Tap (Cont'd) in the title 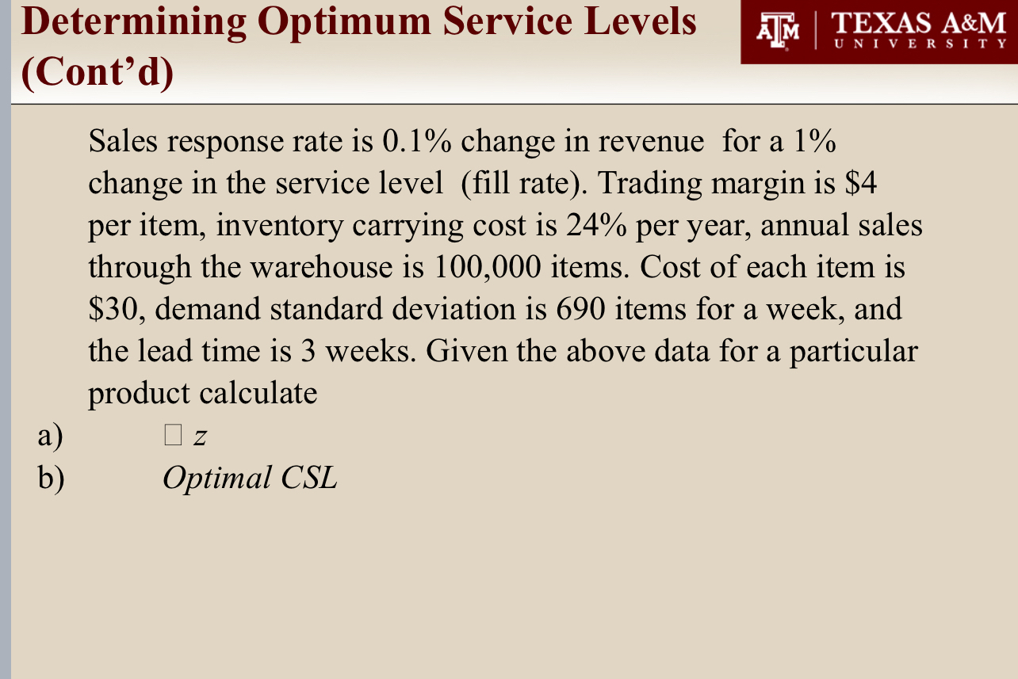(97, 73)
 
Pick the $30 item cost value (115, 310)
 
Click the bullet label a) (50, 436)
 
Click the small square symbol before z (174, 435)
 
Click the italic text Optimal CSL (249, 478)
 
